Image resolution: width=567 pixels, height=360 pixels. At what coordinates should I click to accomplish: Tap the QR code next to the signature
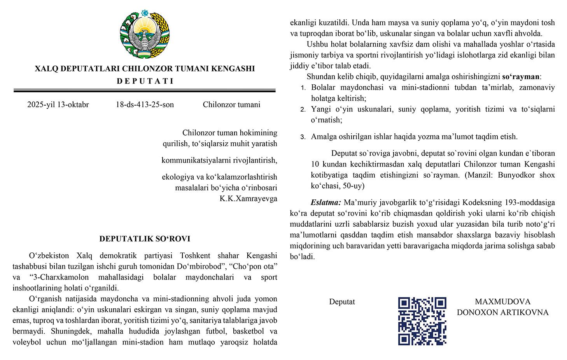[422, 321]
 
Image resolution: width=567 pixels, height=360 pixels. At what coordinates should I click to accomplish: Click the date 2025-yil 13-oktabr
[58, 105]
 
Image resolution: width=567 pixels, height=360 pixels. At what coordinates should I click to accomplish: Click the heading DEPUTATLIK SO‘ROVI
[145, 239]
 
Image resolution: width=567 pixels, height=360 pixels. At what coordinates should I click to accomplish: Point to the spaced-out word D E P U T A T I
[145, 81]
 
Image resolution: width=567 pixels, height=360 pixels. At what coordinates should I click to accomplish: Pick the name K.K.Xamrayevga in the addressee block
[248, 199]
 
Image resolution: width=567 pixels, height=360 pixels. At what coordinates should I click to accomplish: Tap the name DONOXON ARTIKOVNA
[502, 313]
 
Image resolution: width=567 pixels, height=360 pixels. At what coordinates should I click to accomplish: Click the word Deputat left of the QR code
[342, 302]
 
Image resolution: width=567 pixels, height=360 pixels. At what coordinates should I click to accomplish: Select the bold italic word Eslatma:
[325, 203]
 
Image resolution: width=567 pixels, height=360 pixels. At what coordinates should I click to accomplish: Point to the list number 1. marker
[303, 88]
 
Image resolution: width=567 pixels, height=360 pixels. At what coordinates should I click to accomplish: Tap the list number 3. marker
[303, 137]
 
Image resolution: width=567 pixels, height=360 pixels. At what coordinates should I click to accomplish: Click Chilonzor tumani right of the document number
[231, 105]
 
